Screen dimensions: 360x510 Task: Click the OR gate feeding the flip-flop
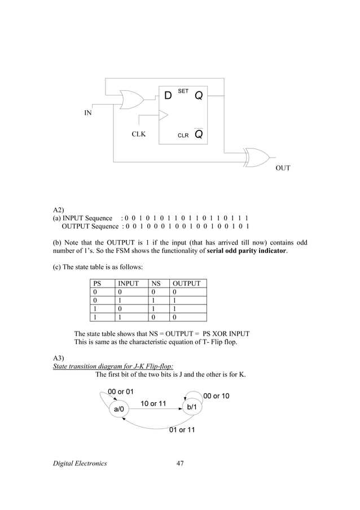click(131, 99)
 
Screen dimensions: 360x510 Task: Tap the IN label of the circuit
click(89, 113)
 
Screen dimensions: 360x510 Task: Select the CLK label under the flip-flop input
click(138, 135)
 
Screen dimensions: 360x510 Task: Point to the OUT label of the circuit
click(283, 168)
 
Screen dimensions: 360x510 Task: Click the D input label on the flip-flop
click(168, 96)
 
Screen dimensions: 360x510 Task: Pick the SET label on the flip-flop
click(183, 91)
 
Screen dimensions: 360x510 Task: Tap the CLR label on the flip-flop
click(183, 136)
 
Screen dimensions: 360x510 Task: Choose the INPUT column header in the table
click(128, 284)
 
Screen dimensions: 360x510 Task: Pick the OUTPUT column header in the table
click(187, 284)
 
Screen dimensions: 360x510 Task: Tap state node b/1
click(192, 407)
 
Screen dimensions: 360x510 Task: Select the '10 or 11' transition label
click(153, 403)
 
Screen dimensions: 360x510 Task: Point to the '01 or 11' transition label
click(182, 430)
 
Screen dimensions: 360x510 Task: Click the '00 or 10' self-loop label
click(216, 395)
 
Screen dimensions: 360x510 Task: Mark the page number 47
click(180, 464)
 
